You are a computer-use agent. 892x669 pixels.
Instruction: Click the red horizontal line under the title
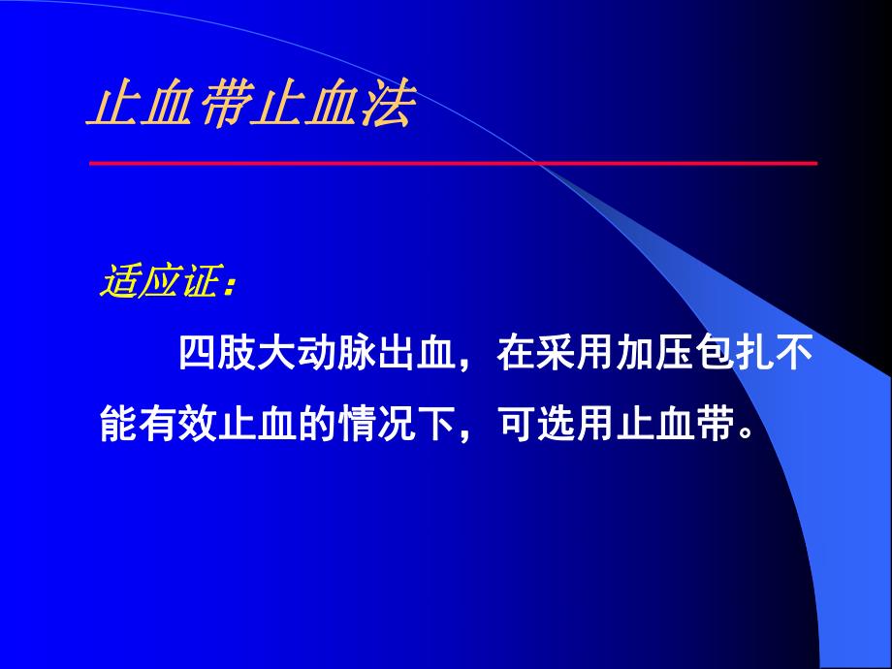[x=453, y=163]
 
